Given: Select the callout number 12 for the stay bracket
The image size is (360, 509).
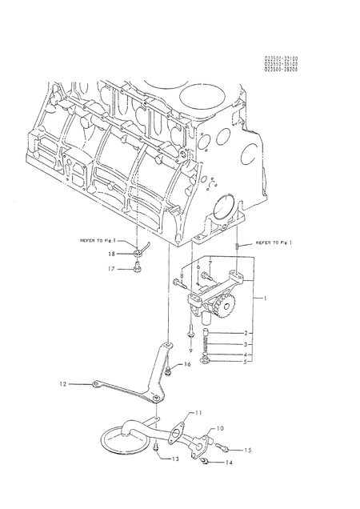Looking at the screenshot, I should click(x=61, y=384).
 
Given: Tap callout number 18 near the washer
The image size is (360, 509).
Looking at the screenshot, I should click(x=112, y=253).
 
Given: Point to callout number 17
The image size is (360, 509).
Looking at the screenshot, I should click(x=112, y=269).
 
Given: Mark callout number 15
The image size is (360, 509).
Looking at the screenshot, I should click(x=247, y=451).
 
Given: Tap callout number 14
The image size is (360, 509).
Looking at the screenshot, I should click(x=230, y=463).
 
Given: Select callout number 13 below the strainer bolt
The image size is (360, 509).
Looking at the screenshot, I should click(x=175, y=459).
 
